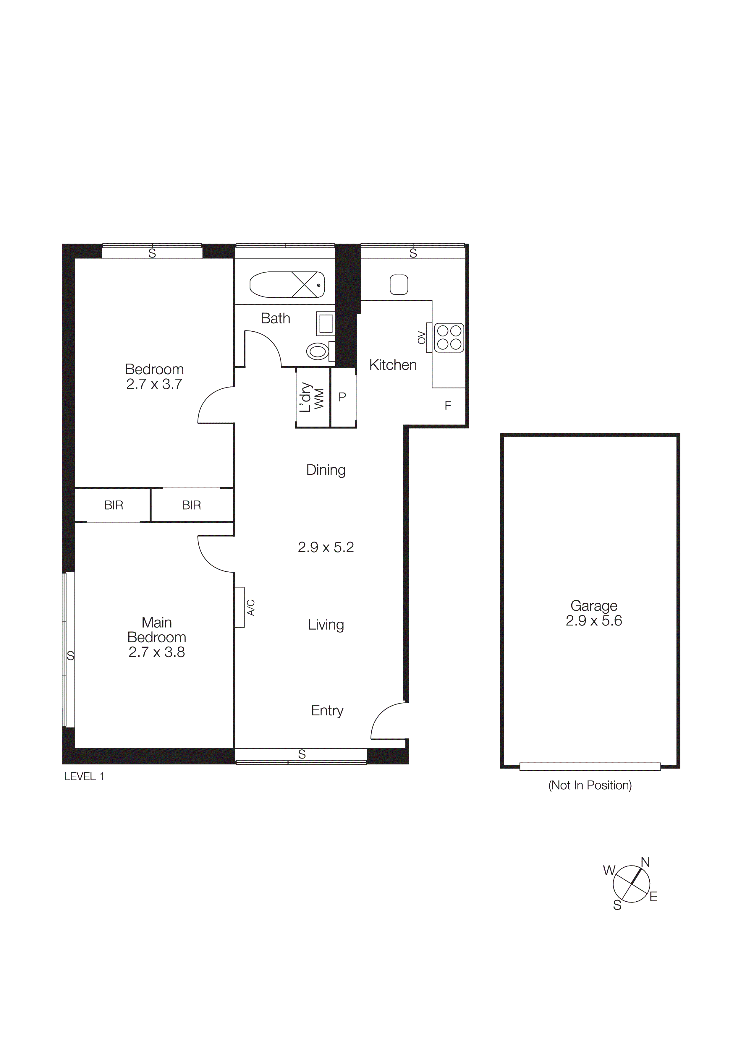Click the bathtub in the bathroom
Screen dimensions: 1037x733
[287, 285]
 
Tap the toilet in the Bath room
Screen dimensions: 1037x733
[318, 351]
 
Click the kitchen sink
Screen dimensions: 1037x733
[399, 285]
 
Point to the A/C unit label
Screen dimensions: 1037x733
[251, 607]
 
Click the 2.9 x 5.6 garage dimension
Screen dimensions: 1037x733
[594, 621]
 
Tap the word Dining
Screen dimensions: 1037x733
[326, 470]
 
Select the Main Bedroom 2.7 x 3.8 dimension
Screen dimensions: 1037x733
[157, 652]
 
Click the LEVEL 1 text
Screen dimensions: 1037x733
[84, 776]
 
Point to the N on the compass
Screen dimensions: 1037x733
[645, 862]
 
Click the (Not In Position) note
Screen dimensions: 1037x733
[590, 785]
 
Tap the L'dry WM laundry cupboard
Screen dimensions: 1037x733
[312, 398]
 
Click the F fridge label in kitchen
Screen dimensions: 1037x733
[448, 406]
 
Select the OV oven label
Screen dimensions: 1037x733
[421, 337]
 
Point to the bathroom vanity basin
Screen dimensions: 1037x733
[326, 323]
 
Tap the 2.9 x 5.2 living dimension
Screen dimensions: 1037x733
[326, 547]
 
